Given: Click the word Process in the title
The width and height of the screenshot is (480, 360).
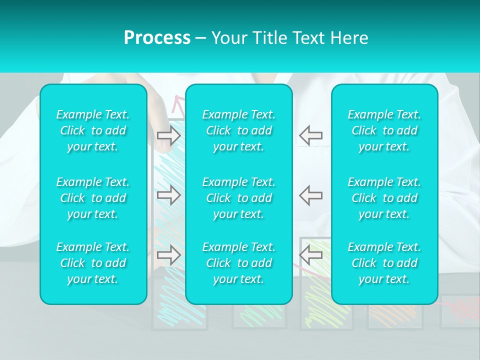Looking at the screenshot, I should pyautogui.click(x=157, y=38).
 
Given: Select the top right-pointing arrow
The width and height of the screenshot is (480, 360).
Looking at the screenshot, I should pyautogui.click(x=168, y=135).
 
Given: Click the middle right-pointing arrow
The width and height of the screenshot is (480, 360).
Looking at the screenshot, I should pyautogui.click(x=168, y=195).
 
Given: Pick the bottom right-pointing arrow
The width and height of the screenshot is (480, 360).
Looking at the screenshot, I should pyautogui.click(x=168, y=255).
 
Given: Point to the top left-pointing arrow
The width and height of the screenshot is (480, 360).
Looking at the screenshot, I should pyautogui.click(x=311, y=135).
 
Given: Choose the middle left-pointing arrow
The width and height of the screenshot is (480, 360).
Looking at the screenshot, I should pyautogui.click(x=311, y=195).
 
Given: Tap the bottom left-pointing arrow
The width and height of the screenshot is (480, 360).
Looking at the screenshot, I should pyautogui.click(x=311, y=255).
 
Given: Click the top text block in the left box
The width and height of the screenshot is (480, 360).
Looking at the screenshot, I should pyautogui.click(x=93, y=130).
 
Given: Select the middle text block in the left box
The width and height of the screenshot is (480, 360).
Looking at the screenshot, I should pyautogui.click(x=93, y=198).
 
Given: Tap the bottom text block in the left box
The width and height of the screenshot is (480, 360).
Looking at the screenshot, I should pyautogui.click(x=93, y=263).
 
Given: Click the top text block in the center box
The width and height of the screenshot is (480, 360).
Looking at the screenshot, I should pyautogui.click(x=239, y=130).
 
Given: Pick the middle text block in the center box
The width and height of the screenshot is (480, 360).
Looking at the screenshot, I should pyautogui.click(x=239, y=198).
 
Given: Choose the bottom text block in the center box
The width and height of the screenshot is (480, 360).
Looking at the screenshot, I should pyautogui.click(x=239, y=263).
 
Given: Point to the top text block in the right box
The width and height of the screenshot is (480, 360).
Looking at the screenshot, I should pyautogui.click(x=384, y=130).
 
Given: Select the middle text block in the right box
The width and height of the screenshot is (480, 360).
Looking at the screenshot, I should pyautogui.click(x=384, y=198).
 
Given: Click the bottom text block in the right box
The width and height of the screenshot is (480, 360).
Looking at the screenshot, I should pyautogui.click(x=384, y=263).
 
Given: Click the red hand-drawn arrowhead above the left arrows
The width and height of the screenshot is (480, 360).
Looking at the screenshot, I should pyautogui.click(x=176, y=103).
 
